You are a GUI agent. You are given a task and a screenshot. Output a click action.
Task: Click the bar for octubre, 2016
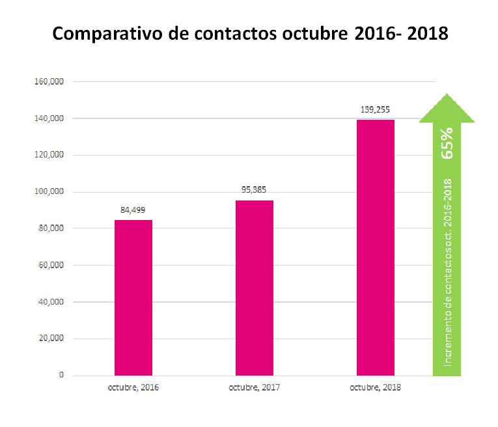pos(133,297)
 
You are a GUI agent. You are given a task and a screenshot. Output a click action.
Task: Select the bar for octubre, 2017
pos(255,288)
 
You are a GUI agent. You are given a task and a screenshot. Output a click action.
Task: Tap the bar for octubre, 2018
pos(376,247)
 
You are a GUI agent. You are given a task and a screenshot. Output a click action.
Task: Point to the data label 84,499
pos(133,210)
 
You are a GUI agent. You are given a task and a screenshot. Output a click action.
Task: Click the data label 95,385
pos(254,190)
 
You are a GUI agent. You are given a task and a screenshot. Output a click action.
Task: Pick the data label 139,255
pos(375,110)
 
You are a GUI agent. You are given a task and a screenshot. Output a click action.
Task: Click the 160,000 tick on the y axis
pos(49,81)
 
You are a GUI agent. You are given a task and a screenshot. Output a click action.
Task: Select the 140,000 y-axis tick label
pos(49,118)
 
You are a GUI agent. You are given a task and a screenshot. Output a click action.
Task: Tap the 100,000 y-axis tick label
pos(49,191)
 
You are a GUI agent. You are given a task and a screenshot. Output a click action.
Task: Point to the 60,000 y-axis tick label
pos(51,265)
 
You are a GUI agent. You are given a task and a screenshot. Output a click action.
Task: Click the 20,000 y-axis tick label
pos(51,338)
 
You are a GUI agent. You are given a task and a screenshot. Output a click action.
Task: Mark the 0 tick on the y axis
pos(61,375)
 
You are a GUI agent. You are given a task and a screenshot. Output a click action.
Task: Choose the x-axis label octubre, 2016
pos(133,388)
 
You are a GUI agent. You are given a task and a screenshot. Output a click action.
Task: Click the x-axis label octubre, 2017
pos(254,388)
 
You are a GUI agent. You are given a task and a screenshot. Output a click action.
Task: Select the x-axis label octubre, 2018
pos(375,388)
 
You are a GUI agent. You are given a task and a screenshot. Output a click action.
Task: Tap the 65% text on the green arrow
pos(447,143)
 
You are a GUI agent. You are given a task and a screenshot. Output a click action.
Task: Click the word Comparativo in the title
pos(107,34)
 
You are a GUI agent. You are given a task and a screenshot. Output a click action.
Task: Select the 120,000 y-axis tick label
pos(49,155)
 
